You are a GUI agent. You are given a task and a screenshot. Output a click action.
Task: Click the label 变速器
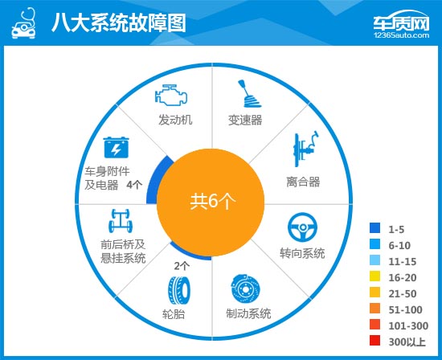(x=246, y=121)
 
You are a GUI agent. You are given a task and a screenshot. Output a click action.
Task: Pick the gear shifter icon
(x=248, y=95)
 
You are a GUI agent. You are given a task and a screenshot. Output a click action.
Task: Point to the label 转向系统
(x=302, y=253)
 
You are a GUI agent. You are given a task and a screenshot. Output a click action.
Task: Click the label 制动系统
(x=244, y=313)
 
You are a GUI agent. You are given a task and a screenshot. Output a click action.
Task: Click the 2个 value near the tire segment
(x=182, y=265)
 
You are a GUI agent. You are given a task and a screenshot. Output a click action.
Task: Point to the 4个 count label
(x=135, y=185)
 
